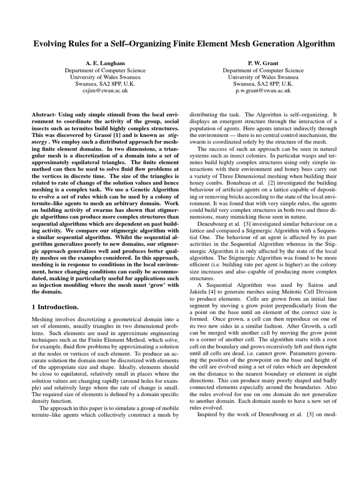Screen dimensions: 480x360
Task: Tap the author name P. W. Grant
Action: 256,62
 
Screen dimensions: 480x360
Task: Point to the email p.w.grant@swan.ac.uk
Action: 256,91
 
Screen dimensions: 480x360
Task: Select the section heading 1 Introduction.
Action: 55,307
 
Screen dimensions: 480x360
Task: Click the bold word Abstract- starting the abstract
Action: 46,114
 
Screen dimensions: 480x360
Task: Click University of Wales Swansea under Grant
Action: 256,77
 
